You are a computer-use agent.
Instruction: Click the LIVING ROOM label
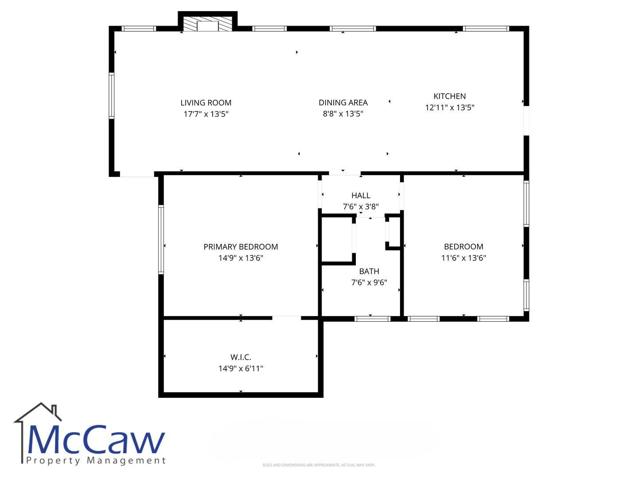[206, 103]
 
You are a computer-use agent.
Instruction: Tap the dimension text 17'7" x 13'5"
[206, 114]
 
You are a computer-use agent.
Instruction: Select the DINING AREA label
[343, 103]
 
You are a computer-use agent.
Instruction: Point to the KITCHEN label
[449, 96]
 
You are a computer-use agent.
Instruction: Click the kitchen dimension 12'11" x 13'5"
[449, 108]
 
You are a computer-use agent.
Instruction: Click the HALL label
[361, 196]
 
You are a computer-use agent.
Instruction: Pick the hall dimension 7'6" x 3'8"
[361, 207]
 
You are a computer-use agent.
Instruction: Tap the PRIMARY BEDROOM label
[241, 247]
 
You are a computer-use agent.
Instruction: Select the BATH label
[369, 271]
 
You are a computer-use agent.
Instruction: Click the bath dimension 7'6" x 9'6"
[369, 282]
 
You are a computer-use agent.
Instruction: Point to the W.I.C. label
[241, 357]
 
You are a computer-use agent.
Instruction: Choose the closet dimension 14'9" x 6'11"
[241, 368]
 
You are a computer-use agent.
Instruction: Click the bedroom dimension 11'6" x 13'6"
[463, 258]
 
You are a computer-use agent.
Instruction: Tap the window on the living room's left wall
[111, 96]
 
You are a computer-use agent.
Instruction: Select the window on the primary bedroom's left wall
[161, 239]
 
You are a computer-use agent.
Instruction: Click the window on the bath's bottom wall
[372, 319]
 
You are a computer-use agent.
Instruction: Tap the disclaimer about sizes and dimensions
[319, 465]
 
